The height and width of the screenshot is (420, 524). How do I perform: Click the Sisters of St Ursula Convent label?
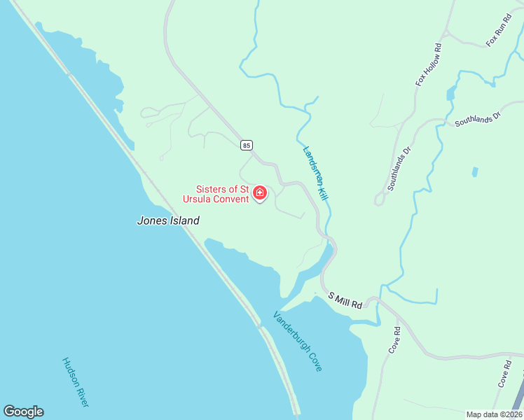coord(222,194)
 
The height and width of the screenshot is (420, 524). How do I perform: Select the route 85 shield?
coord(245,145)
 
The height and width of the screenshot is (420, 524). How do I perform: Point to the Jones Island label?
coord(167,220)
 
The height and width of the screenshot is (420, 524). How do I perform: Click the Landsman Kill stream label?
coord(315,174)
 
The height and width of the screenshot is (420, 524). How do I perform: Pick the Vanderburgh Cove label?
coord(298,341)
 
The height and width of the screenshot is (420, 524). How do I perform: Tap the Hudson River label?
coord(75,382)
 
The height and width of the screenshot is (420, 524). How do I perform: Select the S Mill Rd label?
coord(345,300)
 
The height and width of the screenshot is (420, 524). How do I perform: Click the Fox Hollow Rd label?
coord(429,65)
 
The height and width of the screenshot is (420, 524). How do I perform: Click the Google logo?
coord(23,412)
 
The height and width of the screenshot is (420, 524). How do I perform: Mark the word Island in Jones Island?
coord(184,220)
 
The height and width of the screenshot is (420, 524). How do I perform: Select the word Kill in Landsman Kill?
coord(323,191)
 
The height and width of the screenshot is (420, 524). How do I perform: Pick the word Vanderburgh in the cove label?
coord(290,330)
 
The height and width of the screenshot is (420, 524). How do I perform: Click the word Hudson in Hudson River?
coord(69,372)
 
